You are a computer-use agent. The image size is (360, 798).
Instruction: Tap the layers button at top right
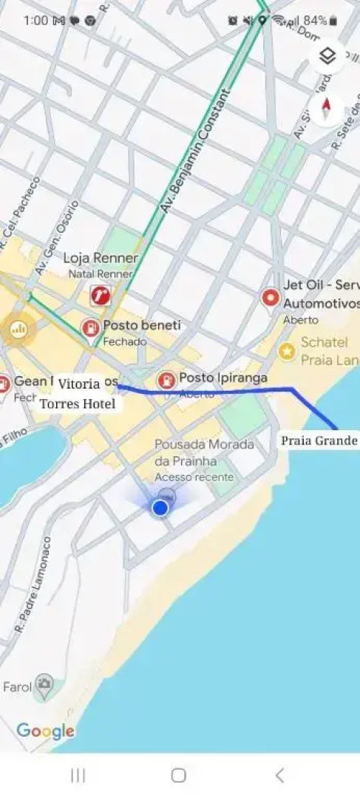tap(328, 57)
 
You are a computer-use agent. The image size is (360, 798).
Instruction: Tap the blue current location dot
tap(160, 508)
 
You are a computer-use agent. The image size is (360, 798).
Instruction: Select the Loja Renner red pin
tap(101, 296)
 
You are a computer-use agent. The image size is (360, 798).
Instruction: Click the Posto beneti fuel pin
tap(91, 328)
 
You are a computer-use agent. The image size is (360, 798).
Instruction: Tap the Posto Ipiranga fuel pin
tap(167, 380)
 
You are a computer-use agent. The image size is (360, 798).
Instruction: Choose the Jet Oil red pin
tap(271, 299)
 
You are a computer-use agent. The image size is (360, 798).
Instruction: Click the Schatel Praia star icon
tap(287, 352)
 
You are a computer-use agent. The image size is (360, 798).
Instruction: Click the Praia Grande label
tap(319, 441)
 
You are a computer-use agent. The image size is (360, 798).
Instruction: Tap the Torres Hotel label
tap(78, 404)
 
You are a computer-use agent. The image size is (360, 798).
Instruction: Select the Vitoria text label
tap(79, 384)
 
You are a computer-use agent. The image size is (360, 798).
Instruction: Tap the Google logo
tap(45, 731)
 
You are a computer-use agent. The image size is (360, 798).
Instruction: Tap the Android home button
tap(178, 774)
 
